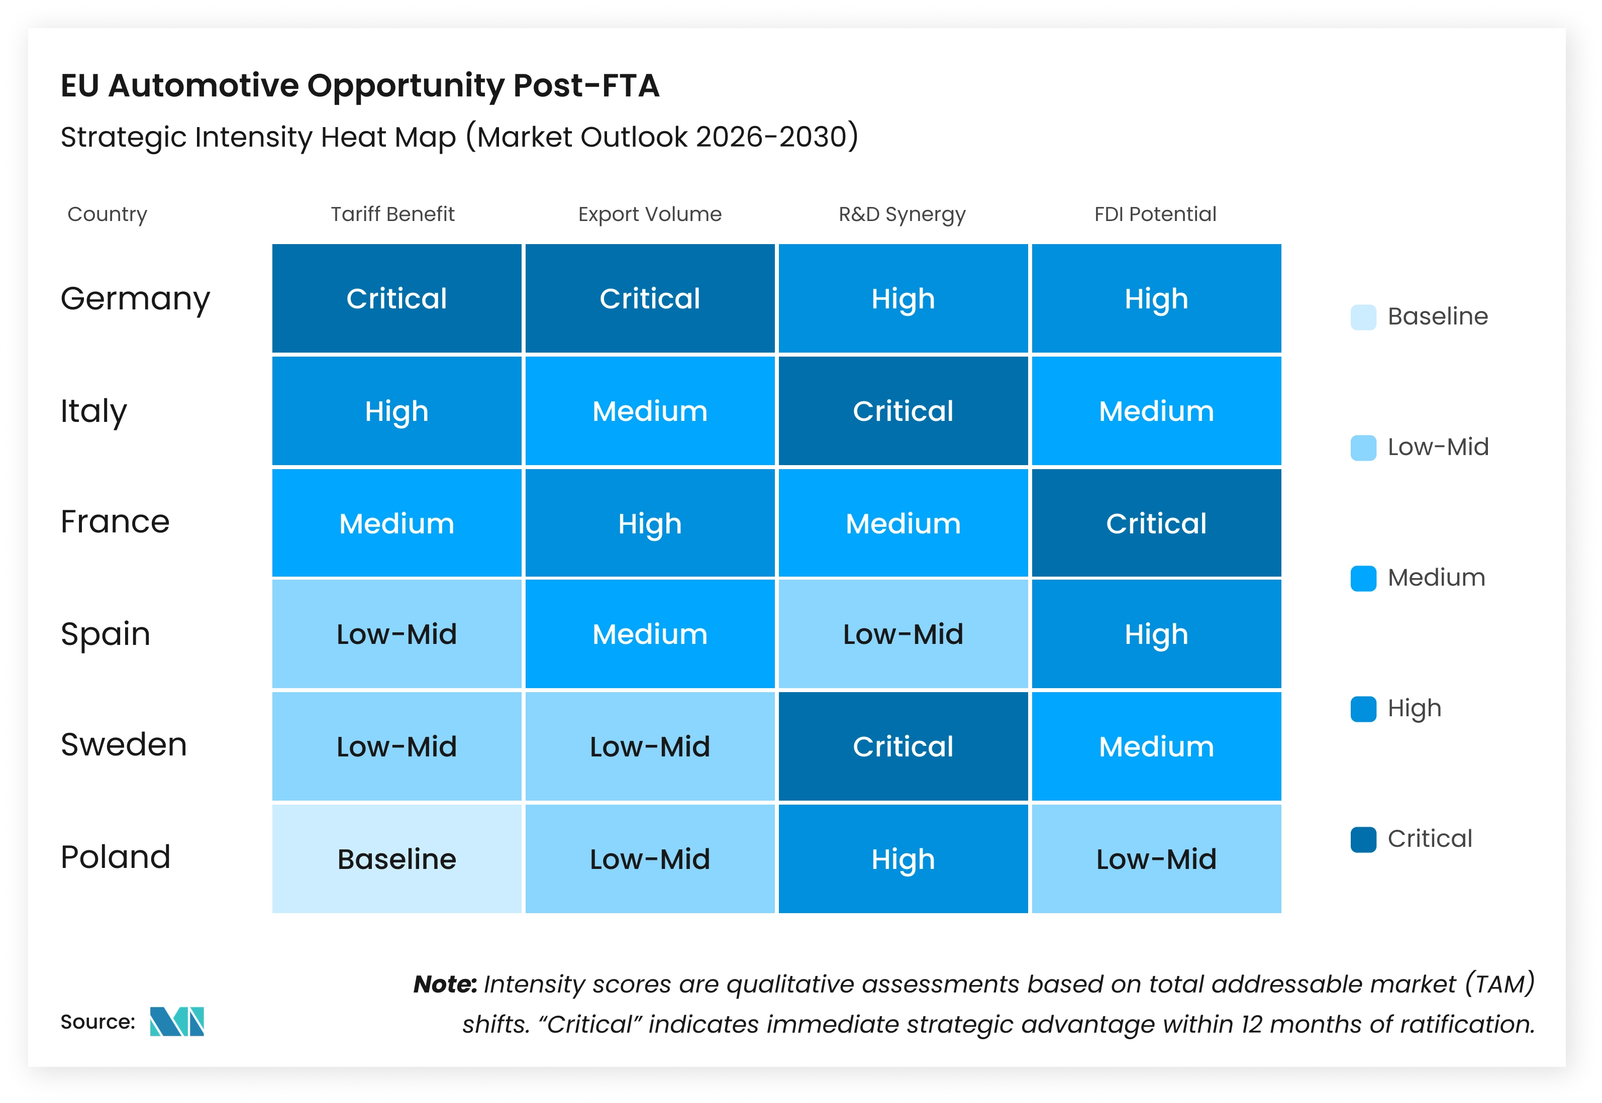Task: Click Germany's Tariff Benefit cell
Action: pyautogui.click(x=396, y=298)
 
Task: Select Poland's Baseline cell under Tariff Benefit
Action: pyautogui.click(x=396, y=859)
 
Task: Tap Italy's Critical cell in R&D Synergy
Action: pyautogui.click(x=903, y=411)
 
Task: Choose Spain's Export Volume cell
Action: pyautogui.click(x=649, y=634)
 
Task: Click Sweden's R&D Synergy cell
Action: pyautogui.click(x=903, y=746)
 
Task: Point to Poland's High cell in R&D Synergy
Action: pyautogui.click(x=903, y=859)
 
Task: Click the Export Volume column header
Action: pyautogui.click(x=649, y=214)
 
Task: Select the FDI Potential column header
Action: pyautogui.click(x=1155, y=214)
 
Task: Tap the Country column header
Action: pyautogui.click(x=107, y=214)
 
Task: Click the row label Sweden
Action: pyautogui.click(x=124, y=744)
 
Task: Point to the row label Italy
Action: pyautogui.click(x=93, y=411)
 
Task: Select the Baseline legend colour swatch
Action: pyautogui.click(x=1363, y=317)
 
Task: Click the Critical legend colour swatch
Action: pyautogui.click(x=1363, y=840)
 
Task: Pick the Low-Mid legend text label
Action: pyautogui.click(x=1438, y=447)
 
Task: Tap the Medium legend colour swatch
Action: pyautogui.click(x=1363, y=579)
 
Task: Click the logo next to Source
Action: pyautogui.click(x=177, y=1022)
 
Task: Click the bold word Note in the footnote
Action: pyautogui.click(x=445, y=984)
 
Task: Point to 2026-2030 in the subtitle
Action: pyautogui.click(x=771, y=137)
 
